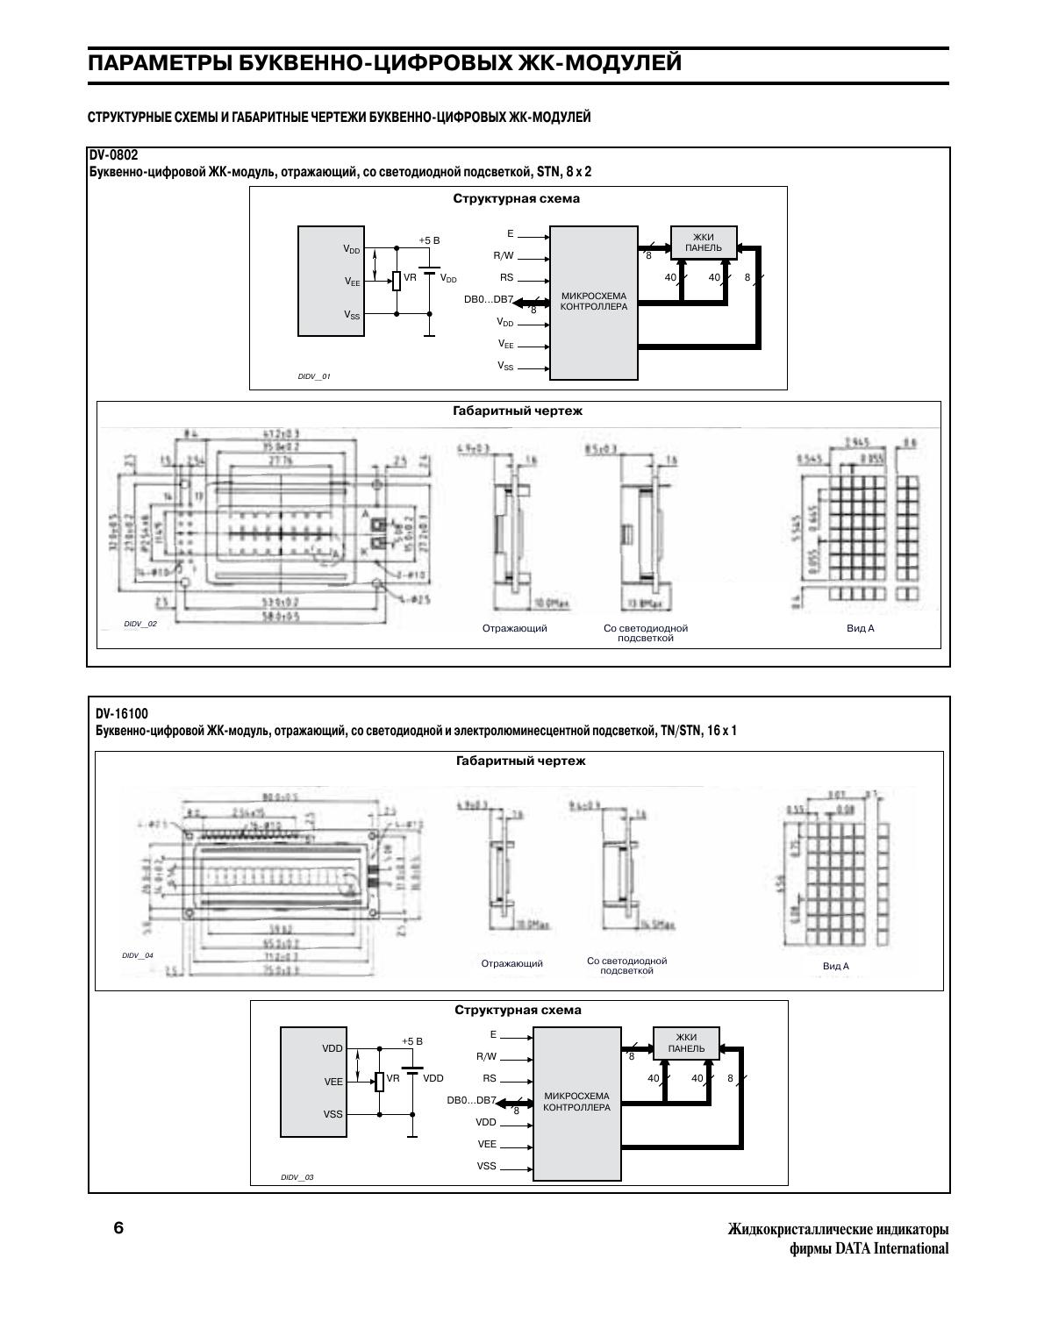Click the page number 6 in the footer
(118, 1227)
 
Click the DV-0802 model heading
(113, 155)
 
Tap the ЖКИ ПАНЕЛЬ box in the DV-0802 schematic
(703, 242)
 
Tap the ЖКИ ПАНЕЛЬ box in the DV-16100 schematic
(686, 1043)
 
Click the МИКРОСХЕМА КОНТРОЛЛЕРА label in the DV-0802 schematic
(594, 302)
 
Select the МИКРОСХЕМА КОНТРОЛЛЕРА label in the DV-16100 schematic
(576, 1102)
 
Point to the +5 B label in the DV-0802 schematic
(429, 240)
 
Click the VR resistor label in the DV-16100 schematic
(393, 1078)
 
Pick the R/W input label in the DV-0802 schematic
(504, 256)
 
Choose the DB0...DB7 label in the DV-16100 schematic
(471, 1100)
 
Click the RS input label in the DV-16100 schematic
(490, 1078)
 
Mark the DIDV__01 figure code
(314, 376)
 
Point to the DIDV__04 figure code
(138, 955)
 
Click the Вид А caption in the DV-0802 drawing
(861, 628)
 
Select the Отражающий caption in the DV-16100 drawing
(512, 963)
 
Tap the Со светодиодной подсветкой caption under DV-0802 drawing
(646, 633)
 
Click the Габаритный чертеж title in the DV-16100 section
(520, 761)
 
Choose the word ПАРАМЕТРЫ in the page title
(162, 63)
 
